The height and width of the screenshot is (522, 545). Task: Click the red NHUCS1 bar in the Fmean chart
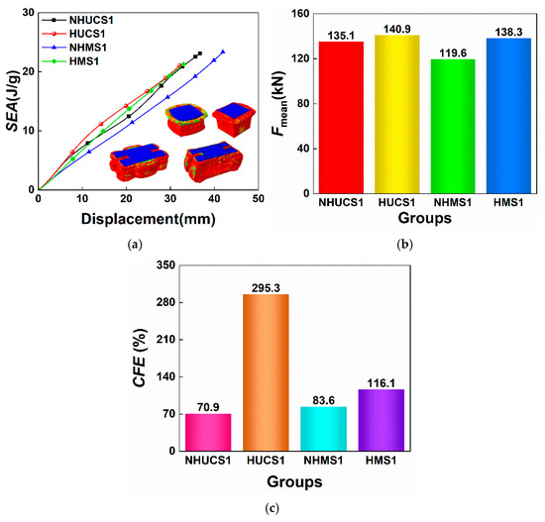coord(341,118)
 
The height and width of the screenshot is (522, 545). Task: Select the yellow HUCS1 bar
coord(397,114)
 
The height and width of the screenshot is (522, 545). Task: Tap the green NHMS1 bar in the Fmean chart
coord(453,127)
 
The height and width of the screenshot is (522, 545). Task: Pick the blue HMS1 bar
coord(509,116)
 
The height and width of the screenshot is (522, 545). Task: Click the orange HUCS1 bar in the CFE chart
coord(266,372)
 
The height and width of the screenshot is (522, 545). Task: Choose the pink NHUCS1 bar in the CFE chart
coord(208,432)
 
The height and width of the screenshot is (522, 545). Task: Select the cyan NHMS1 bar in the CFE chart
coord(324,429)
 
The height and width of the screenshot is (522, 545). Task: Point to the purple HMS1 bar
coord(381,420)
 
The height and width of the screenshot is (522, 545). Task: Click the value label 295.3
coord(266,288)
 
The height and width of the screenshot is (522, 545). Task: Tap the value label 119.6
coord(453,53)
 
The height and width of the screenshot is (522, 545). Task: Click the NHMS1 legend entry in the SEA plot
coord(74,48)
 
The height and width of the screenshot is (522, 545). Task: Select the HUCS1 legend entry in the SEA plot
coord(73,34)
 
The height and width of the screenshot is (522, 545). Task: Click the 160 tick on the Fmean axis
coord(301,14)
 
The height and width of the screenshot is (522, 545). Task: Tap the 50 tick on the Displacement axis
coord(259,199)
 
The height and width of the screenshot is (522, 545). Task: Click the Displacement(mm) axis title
coord(149,219)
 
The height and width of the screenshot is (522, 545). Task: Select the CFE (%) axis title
coord(140,358)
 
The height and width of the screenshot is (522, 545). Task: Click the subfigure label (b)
coord(405,245)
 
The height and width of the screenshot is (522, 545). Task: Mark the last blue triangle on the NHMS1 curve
coord(223,52)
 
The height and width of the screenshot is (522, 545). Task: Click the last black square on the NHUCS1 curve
coord(200,53)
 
